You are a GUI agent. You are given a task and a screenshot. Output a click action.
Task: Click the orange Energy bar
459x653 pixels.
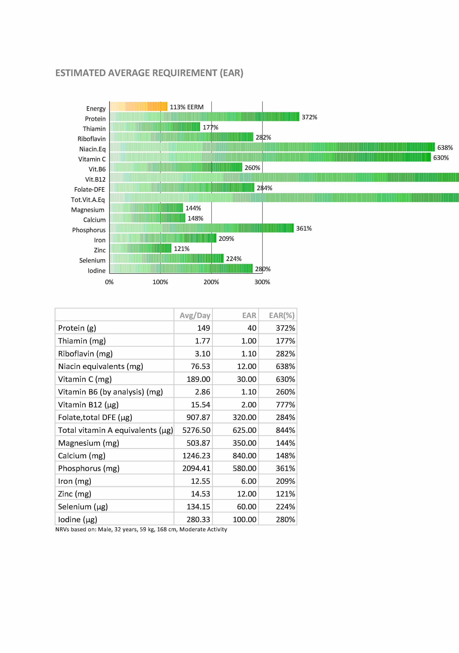point(138,106)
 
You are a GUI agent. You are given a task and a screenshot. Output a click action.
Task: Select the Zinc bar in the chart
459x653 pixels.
point(140,248)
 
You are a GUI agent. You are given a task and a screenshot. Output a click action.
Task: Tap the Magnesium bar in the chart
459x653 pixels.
point(146,208)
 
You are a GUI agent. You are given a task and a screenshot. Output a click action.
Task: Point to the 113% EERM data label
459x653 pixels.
point(187,107)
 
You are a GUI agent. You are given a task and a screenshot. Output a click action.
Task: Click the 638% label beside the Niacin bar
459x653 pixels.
point(445,148)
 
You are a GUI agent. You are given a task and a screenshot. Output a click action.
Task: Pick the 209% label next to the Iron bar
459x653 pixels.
point(226,239)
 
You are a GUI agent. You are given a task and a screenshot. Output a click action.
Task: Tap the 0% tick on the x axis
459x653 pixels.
point(109,282)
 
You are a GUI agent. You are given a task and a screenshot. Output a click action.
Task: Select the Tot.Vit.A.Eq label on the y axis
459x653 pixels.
point(88,200)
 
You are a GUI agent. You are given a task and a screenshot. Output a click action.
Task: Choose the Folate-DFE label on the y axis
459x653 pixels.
point(89,190)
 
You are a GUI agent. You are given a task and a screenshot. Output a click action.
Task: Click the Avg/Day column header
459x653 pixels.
point(195,315)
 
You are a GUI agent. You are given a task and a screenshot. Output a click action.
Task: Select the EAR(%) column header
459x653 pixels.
point(282,315)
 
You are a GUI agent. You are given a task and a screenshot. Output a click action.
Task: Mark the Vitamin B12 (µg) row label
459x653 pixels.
point(88,405)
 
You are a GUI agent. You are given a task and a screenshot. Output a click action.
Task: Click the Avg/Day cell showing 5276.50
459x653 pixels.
point(196,430)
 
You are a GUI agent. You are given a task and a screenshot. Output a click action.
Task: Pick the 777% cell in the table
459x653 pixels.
point(285,405)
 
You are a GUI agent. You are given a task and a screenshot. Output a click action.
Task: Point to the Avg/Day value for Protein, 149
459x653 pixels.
point(204,328)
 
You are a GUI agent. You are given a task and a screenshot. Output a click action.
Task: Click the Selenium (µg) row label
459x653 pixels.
point(83,507)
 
